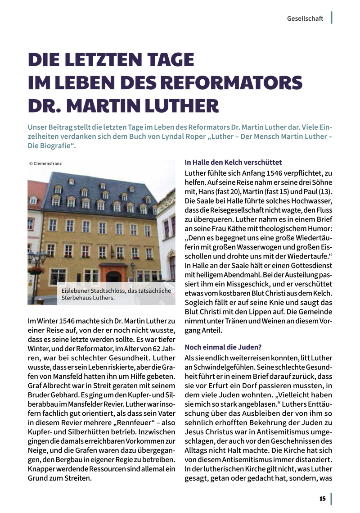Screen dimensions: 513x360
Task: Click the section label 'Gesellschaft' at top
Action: tap(305, 18)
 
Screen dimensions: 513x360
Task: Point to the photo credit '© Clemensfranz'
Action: tap(45, 163)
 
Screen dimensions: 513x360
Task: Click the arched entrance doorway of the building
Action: tap(113, 275)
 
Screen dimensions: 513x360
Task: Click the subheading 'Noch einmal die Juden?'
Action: tap(223, 347)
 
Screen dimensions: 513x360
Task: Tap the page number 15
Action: tap(322, 499)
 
